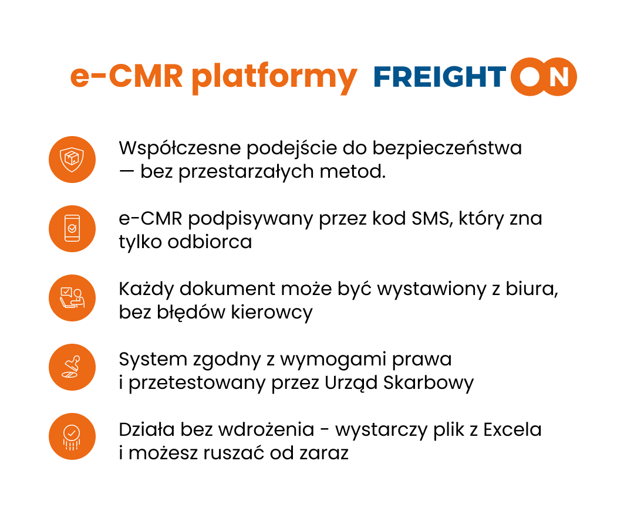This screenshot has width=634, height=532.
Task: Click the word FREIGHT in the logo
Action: point(440,77)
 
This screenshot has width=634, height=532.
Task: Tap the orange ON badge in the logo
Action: point(544,77)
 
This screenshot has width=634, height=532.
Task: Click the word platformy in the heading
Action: point(274,78)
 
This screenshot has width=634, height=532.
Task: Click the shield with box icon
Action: point(72,160)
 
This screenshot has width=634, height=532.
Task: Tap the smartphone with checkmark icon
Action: point(72,229)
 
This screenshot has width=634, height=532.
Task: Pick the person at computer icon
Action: point(72,298)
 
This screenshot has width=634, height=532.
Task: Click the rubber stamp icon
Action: point(72,367)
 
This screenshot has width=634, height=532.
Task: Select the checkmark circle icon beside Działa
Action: point(72,436)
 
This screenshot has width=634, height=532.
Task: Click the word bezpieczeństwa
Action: point(447,148)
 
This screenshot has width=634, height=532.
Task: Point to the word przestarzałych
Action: point(246,172)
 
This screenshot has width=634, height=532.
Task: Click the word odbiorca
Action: point(210,242)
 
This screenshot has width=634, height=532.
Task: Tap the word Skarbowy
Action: point(428,383)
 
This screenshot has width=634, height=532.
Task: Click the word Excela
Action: point(512,429)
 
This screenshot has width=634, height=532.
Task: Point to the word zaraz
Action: point(324,453)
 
